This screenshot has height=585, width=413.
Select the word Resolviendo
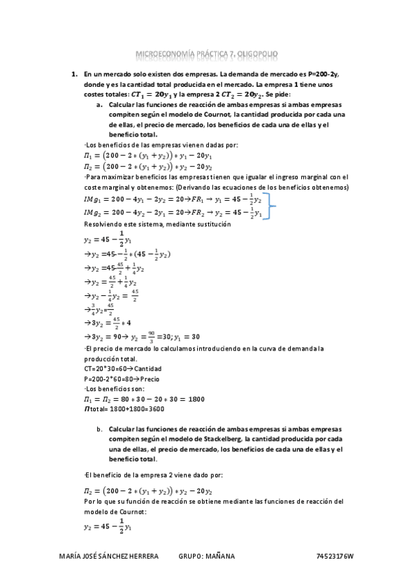pyautogui.click(x=101, y=225)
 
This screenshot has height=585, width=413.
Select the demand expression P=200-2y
pyautogui.click(x=328, y=72)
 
